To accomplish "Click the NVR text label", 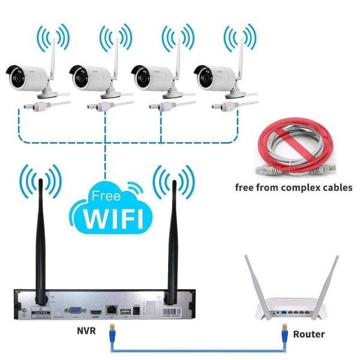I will [x=85, y=331].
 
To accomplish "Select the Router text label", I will [x=310, y=334].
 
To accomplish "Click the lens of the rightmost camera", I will [x=201, y=75].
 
